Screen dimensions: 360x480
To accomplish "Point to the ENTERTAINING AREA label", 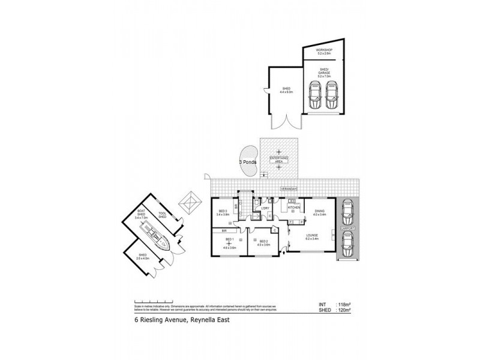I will point(278,160).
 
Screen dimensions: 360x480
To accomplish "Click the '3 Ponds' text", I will point(249,162).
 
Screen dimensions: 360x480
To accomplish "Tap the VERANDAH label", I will point(289,190).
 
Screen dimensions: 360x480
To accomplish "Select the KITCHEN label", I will point(293,207).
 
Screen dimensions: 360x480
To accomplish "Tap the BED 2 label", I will point(262,242).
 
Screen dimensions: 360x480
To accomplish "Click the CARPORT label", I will point(347,229).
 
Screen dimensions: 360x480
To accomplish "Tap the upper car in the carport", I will point(347,211).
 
